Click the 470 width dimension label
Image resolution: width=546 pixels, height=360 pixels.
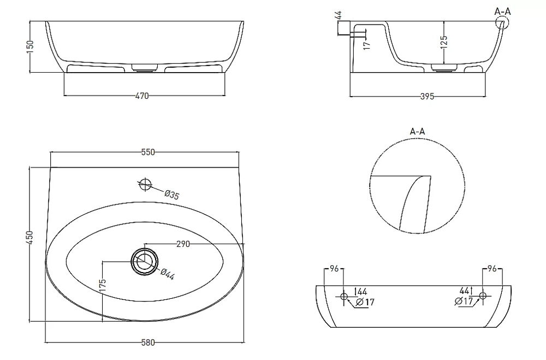[x=142, y=96]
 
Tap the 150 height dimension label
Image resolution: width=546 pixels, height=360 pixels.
[x=30, y=46]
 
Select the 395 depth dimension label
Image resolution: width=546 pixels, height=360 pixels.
[x=427, y=96]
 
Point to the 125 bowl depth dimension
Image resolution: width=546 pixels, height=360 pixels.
[x=443, y=42]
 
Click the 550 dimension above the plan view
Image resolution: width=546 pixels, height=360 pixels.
[x=148, y=152]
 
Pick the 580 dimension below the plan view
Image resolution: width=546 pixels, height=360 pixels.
[x=148, y=343]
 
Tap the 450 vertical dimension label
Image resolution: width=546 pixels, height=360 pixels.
[x=30, y=237]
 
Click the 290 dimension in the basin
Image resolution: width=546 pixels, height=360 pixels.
[x=183, y=244]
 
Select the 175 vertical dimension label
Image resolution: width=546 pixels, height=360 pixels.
[x=103, y=286]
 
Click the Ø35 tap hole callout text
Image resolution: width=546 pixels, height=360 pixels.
[x=171, y=195]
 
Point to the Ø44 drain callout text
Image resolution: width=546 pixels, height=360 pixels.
[x=168, y=275]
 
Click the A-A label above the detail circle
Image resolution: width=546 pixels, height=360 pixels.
[x=417, y=132]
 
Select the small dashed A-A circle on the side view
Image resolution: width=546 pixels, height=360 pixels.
[x=502, y=16]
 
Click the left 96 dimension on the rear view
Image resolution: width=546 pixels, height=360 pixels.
[x=334, y=269]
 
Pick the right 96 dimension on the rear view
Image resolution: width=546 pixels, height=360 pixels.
[x=492, y=269]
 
